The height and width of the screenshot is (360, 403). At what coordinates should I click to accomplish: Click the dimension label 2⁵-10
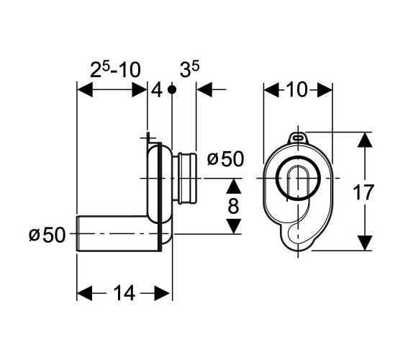click(x=115, y=70)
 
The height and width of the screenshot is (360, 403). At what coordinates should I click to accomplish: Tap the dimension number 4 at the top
click(x=157, y=91)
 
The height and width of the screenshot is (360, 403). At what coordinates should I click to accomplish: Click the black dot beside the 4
click(x=172, y=89)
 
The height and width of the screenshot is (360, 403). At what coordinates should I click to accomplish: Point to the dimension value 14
click(x=124, y=293)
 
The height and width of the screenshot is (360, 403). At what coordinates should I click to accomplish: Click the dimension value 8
click(x=233, y=206)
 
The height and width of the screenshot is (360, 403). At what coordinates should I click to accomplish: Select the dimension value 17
click(x=363, y=192)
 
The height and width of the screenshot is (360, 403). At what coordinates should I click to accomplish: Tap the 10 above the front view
click(x=296, y=89)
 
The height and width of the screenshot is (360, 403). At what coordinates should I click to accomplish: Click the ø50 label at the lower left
click(x=47, y=235)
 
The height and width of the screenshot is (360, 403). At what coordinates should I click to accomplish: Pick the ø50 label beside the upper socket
click(x=225, y=159)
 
